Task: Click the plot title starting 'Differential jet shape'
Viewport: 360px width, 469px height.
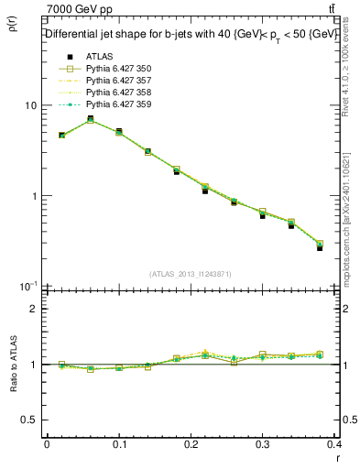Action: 191,34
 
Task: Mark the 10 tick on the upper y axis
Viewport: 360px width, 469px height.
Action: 30,106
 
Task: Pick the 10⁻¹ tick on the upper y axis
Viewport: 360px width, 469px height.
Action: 27,286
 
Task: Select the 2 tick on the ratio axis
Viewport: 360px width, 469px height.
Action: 33,309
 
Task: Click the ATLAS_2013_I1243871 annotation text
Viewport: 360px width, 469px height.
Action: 190,275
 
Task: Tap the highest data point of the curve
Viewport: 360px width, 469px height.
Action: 90,119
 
